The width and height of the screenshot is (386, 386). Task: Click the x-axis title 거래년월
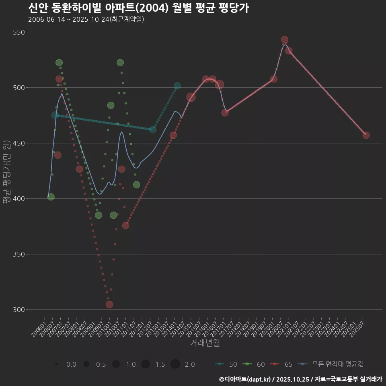pyautogui.click(x=205, y=343)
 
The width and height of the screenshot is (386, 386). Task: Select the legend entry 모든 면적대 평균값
pyautogui.click(x=332, y=364)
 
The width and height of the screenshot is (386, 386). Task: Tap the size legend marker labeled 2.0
pyautogui.click(x=175, y=364)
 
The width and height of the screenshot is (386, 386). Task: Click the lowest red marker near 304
pyautogui.click(x=109, y=304)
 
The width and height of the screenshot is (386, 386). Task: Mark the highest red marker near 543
pyautogui.click(x=285, y=40)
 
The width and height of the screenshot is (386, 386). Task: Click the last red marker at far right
pyautogui.click(x=366, y=135)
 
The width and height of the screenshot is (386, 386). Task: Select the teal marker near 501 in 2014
pyautogui.click(x=177, y=86)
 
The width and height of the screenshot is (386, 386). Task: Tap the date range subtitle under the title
pyautogui.click(x=86, y=19)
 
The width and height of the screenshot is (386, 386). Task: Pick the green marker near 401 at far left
pyautogui.click(x=51, y=197)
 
